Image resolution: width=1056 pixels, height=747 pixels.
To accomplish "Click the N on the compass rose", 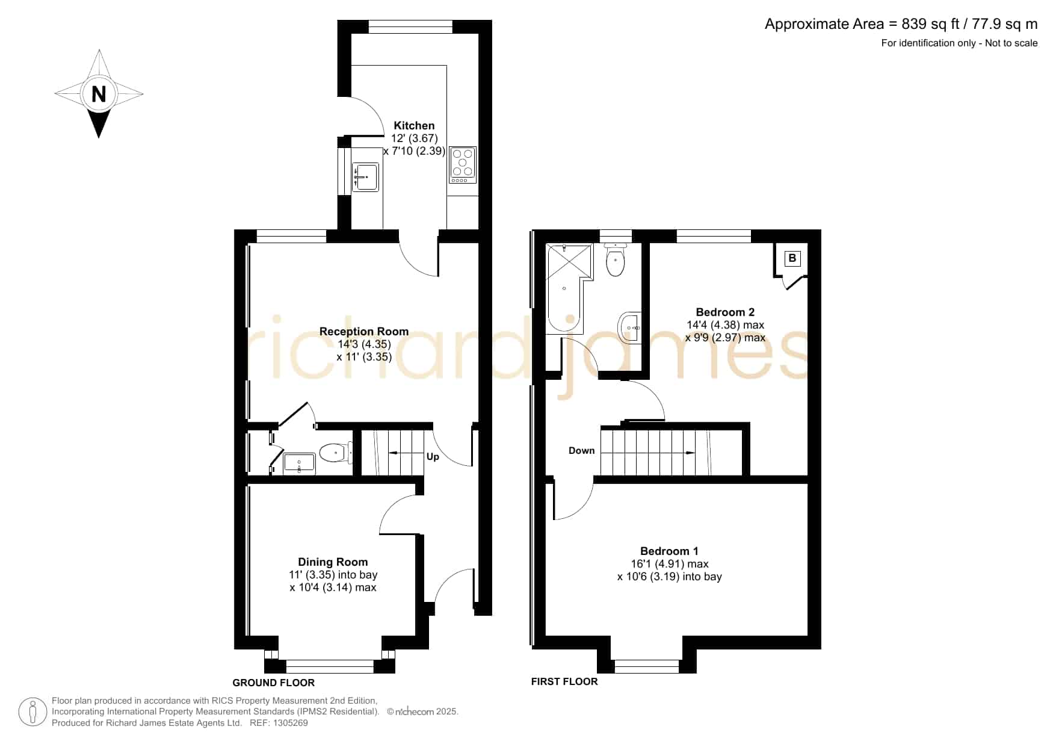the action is [99, 94].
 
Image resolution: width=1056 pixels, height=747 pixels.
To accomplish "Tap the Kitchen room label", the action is [414, 126].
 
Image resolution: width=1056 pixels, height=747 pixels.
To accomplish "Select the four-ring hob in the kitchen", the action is [463, 165].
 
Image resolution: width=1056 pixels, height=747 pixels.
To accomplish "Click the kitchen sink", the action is [365, 177].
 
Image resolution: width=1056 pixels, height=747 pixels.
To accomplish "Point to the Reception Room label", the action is [364, 331].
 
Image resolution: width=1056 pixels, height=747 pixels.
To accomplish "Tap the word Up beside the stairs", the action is [433, 457].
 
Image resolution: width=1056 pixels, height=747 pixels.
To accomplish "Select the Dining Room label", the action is [333, 562].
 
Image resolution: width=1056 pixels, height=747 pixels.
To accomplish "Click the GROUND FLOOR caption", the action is [274, 683].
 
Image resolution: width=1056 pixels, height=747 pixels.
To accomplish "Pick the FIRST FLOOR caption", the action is [564, 681].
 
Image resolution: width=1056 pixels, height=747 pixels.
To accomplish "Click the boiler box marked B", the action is [792, 258].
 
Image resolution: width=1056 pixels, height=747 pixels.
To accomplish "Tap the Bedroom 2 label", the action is [725, 312].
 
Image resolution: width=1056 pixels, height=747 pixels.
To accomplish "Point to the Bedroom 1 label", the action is [669, 551].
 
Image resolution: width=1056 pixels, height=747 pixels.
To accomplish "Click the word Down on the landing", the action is [581, 450].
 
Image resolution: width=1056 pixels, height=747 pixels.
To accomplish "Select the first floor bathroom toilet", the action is [616, 259].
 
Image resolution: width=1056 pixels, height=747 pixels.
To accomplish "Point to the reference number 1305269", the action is [291, 723].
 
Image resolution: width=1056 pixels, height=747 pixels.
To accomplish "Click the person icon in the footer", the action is [33, 712].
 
